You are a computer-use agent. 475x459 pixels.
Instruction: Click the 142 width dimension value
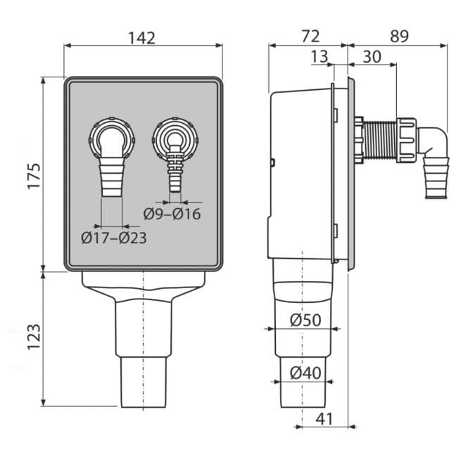(x=141, y=38)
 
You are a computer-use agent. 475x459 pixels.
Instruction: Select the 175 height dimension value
(x=34, y=176)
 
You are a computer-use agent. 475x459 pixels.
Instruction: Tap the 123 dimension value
(x=34, y=337)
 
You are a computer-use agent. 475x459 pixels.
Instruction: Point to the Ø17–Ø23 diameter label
(x=114, y=238)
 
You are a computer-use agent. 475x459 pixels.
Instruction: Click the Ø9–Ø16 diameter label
(x=172, y=214)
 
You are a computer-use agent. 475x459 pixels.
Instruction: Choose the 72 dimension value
(x=310, y=37)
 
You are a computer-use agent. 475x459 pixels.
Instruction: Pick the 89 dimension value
(x=399, y=37)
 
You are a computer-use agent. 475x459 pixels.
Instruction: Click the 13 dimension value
(x=319, y=56)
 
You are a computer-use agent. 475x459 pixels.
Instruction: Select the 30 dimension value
(x=372, y=56)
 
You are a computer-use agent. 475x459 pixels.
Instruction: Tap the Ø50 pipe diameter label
(x=305, y=320)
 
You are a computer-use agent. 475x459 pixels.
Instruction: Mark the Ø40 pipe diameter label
(x=305, y=373)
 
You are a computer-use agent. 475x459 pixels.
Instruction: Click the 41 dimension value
(x=324, y=419)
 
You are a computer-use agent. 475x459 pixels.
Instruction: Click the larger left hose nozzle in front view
(x=112, y=176)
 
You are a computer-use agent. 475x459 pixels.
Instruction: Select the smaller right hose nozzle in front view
(x=175, y=169)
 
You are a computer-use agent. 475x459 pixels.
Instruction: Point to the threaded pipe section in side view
(x=380, y=141)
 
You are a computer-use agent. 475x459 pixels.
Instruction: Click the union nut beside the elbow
(x=407, y=141)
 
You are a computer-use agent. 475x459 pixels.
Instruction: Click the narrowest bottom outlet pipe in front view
(x=144, y=382)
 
